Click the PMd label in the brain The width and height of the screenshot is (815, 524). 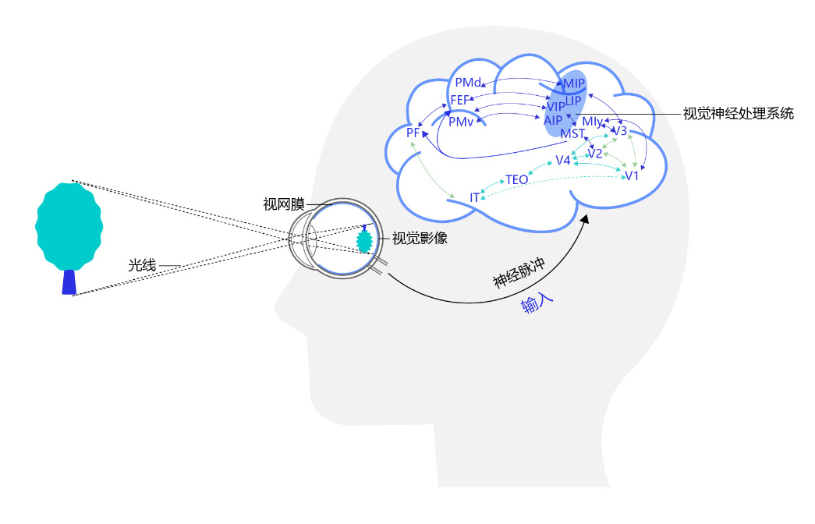pos(468,82)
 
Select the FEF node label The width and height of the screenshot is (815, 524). pos(460,100)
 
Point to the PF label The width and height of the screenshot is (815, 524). pos(413,133)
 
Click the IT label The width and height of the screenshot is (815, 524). pos(474,198)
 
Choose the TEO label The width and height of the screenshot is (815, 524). pos(517,180)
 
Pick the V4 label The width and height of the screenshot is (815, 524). pos(563,161)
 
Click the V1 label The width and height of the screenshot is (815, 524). pos(632,175)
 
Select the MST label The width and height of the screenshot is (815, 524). pos(572,134)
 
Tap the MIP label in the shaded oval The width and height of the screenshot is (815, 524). pos(574,84)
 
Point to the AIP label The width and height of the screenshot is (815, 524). pos(553,119)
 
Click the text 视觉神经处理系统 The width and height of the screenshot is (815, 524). pos(738,114)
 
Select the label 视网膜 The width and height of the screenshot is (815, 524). pos(283,205)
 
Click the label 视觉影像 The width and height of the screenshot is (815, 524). pos(420,239)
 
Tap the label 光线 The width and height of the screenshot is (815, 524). pos(143,266)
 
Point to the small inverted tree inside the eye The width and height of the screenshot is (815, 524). pos(363,239)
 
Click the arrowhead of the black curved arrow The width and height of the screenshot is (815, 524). pos(586,222)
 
